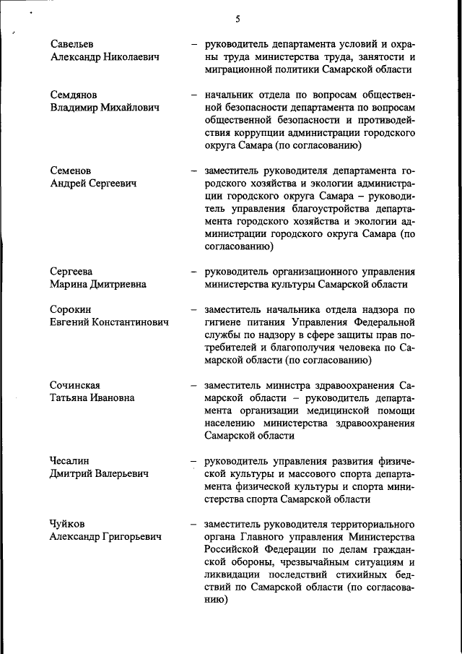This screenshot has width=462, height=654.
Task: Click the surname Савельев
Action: (x=72, y=44)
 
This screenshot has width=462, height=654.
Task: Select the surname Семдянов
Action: (x=74, y=95)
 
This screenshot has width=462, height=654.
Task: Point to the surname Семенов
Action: (x=71, y=171)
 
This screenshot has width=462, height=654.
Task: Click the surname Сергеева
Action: (x=71, y=272)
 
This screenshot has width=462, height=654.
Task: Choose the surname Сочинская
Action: (x=75, y=384)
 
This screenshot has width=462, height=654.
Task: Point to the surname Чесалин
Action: (x=70, y=460)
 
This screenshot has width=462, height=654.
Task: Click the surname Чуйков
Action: (x=68, y=523)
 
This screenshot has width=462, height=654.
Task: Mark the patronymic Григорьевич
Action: (x=128, y=536)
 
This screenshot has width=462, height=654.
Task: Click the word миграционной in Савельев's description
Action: (x=240, y=70)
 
